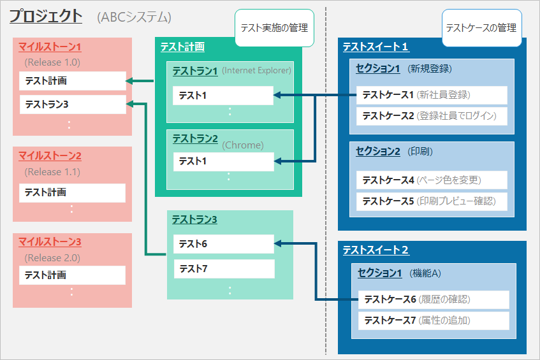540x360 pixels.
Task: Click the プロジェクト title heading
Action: click(45, 17)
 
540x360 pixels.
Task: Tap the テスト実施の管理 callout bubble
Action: click(274, 28)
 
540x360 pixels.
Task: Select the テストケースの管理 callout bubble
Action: click(481, 28)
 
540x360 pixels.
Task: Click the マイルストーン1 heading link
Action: click(50, 47)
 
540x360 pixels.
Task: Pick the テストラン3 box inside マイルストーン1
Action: click(72, 104)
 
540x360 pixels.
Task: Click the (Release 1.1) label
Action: click(52, 172)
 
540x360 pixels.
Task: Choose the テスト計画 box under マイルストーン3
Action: click(72, 275)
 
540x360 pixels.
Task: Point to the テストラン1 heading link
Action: click(195, 71)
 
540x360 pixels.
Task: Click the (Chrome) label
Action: click(243, 145)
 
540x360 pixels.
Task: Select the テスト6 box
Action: click(223, 243)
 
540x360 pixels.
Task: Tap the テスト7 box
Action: click(223, 269)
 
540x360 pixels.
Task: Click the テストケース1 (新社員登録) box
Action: click(432, 95)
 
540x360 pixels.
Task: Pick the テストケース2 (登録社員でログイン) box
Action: click(432, 116)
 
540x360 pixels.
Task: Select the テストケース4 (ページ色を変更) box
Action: click(432, 180)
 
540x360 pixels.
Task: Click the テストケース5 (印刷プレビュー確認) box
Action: click(432, 201)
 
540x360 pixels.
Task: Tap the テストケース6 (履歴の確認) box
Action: click(433, 299)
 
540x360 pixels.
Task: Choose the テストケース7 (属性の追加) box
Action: click(433, 320)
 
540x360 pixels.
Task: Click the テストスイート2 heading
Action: click(376, 250)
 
